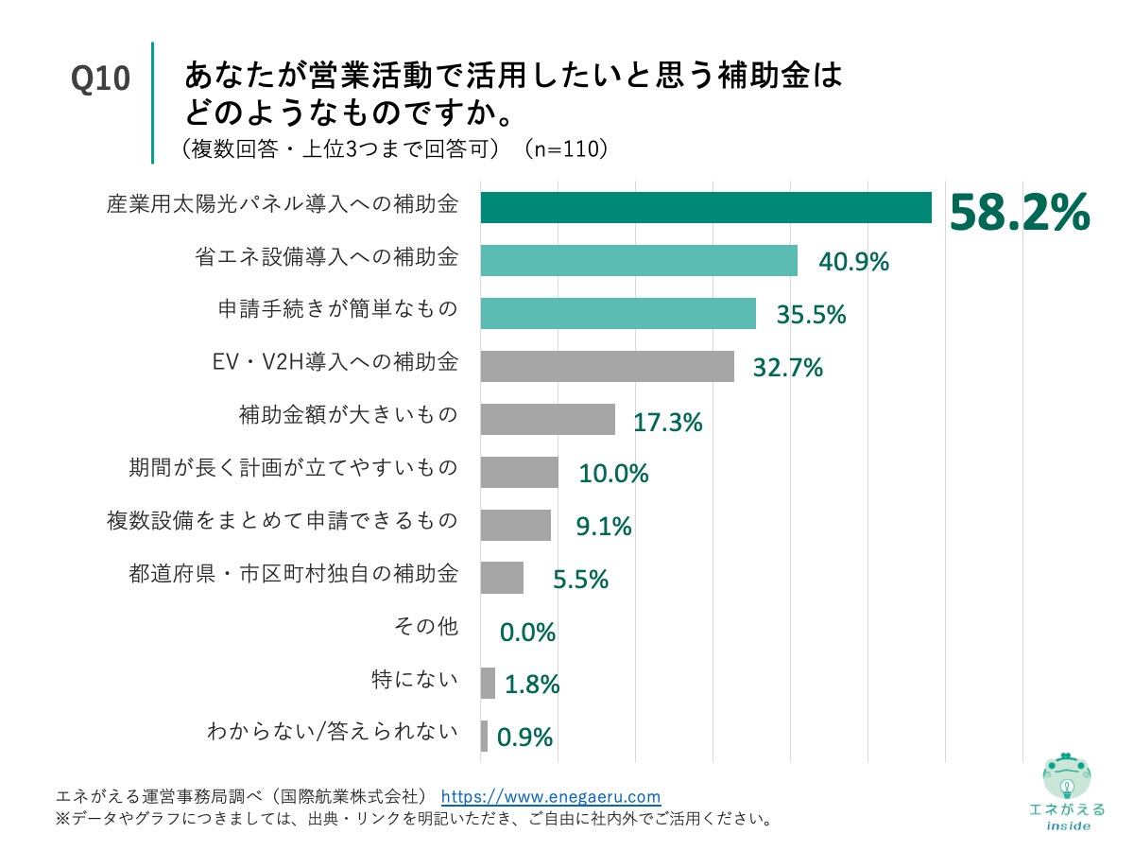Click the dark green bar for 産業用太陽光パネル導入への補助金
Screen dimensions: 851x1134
pos(705,208)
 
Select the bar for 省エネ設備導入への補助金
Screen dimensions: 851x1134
pos(639,261)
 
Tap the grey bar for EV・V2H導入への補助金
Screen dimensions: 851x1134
pos(607,366)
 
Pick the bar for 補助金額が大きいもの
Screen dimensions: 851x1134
pos(547,419)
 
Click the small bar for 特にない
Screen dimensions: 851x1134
pos(488,683)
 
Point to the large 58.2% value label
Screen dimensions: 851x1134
pos(1019,212)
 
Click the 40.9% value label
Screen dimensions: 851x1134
pos(853,262)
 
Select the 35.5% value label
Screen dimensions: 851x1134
pos(811,315)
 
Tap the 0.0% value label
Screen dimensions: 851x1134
pos(527,632)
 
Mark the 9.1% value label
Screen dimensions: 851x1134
pos(604,526)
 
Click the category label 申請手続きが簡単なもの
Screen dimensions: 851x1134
pos(338,309)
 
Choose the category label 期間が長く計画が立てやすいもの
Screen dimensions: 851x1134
pos(293,467)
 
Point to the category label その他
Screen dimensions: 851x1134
pos(425,626)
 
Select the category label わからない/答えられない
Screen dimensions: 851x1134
pos(333,732)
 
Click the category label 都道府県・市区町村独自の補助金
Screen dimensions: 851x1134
pos(293,573)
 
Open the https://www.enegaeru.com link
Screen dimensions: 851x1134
pos(551,796)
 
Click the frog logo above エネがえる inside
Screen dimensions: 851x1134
pos(1066,776)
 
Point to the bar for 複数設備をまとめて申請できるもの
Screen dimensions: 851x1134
pos(515,525)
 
